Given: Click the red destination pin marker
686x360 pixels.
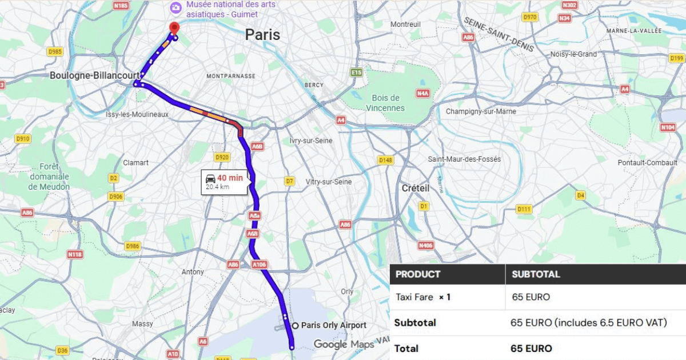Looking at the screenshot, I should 174,27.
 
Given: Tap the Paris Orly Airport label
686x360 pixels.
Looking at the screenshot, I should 333,325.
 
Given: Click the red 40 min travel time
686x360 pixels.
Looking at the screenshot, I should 230,178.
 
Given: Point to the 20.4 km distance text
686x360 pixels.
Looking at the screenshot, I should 217,187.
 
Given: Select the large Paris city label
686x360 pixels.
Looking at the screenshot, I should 262,35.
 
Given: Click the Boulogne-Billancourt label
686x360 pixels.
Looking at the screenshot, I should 94,75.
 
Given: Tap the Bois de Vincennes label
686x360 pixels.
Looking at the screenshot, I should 385,103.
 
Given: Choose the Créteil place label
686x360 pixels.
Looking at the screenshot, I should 415,188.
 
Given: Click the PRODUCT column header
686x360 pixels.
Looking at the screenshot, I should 418,274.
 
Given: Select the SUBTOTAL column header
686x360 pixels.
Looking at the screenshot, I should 536,274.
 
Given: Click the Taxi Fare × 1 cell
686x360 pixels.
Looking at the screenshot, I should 423,297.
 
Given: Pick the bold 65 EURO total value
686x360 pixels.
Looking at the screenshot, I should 531,349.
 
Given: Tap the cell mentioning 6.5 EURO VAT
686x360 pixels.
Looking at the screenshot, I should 588,323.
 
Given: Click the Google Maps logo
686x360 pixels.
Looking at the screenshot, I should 343,345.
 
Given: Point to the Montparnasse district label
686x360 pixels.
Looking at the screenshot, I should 231,76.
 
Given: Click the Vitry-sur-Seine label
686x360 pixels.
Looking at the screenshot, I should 329,182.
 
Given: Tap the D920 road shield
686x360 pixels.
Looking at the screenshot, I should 222,157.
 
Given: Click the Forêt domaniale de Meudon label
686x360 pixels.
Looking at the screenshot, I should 49,177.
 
